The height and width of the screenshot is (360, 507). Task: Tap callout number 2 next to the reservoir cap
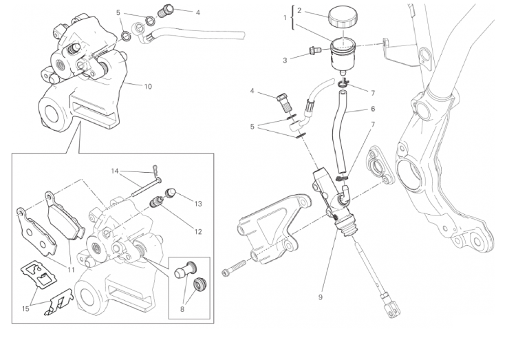pyautogui.click(x=300, y=11)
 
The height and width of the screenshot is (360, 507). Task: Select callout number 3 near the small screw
pyautogui.click(x=285, y=60)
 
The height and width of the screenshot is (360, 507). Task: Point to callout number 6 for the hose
pyautogui.click(x=373, y=109)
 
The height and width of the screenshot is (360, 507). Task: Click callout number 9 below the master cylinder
pyautogui.click(x=320, y=297)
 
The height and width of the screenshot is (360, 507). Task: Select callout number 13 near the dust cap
pyautogui.click(x=198, y=204)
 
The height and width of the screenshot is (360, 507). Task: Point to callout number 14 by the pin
pyautogui.click(x=116, y=170)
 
